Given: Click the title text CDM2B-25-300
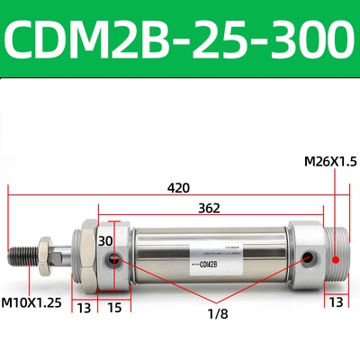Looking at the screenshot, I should click(x=180, y=40).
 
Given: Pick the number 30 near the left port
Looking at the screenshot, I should click(x=106, y=241).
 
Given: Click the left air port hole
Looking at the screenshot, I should click(x=113, y=261).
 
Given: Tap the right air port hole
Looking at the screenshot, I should click(x=310, y=259).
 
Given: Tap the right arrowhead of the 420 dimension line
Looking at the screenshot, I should click(x=345, y=193).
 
